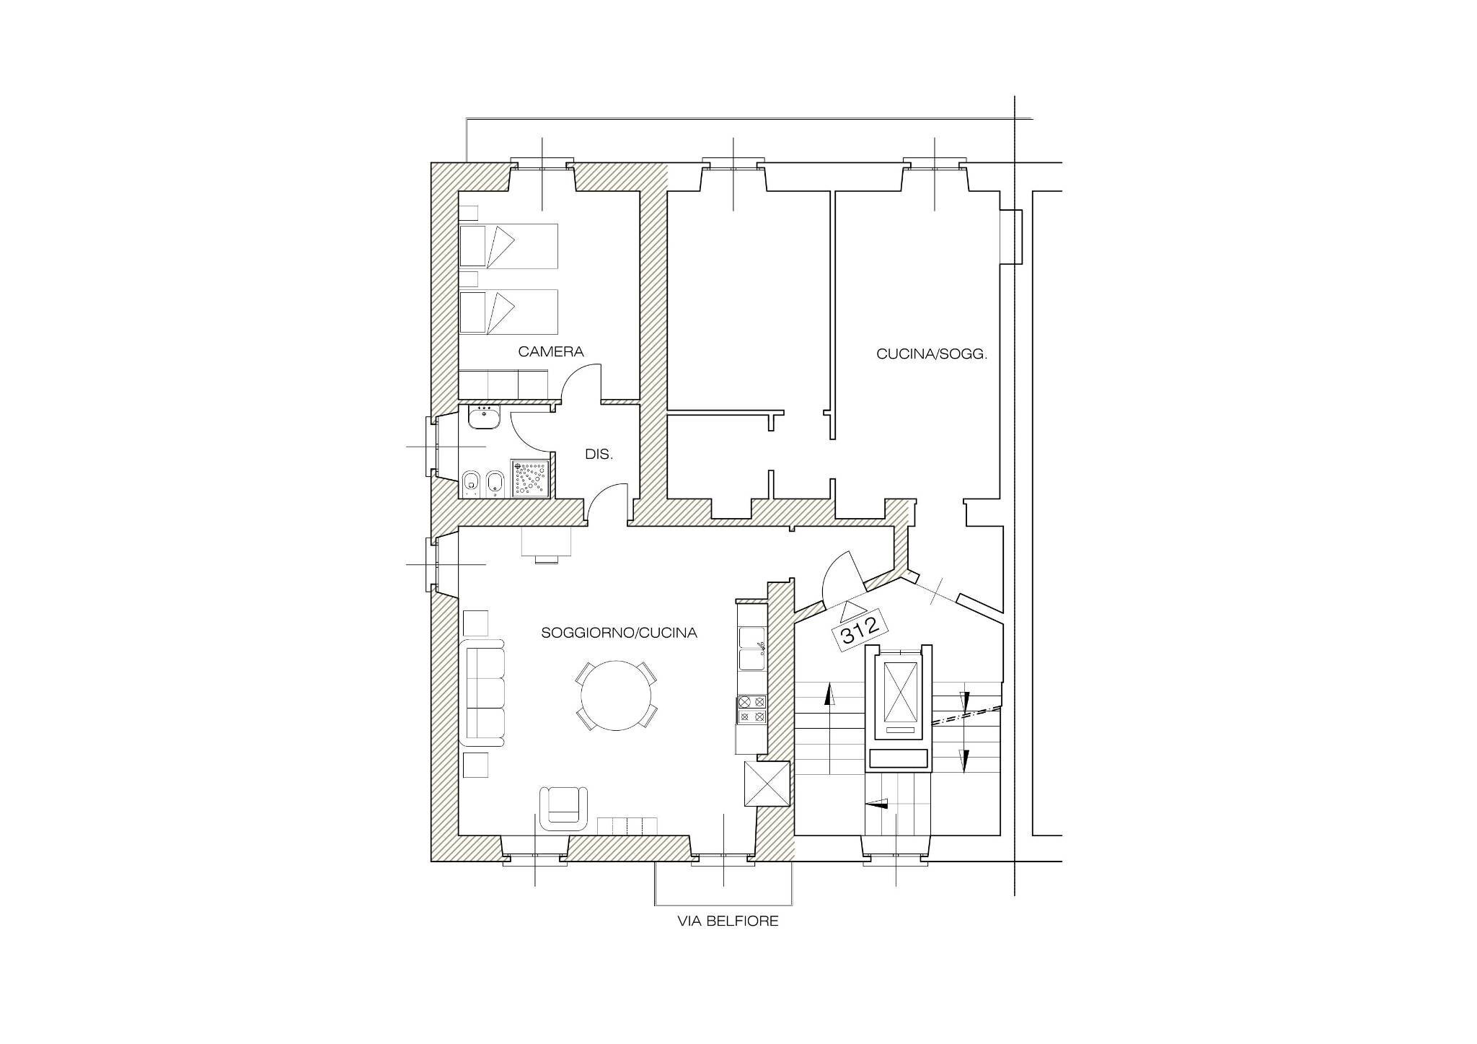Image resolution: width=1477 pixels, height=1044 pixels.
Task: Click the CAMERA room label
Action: tap(551, 352)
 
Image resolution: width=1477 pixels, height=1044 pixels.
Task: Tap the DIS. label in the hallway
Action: tap(599, 455)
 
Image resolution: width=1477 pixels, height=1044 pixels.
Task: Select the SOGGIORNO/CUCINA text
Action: tap(620, 633)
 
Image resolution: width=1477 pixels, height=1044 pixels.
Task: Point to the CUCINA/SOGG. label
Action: tap(932, 354)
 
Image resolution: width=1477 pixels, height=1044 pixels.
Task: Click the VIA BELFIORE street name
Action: tap(728, 921)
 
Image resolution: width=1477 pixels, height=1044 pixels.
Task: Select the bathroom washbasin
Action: tap(484, 417)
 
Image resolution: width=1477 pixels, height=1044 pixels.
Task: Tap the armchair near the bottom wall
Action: tap(564, 807)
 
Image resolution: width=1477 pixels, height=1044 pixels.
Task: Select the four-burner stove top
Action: tap(751, 709)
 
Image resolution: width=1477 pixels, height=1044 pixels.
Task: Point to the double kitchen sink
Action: tap(751, 648)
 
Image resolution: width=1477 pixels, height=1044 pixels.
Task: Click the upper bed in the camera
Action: tap(509, 246)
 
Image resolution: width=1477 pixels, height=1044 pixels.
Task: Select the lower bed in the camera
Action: tap(509, 312)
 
